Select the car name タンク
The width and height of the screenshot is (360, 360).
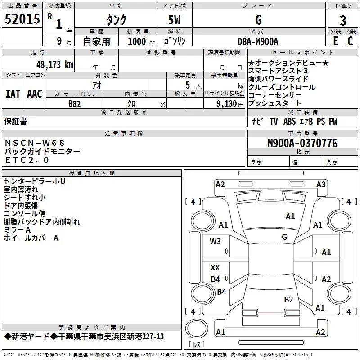pos(116,20)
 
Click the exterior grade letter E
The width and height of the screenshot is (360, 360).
pos(335,40)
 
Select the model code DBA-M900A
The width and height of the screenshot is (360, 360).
pos(258,41)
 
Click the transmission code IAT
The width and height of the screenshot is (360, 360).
pos(13,94)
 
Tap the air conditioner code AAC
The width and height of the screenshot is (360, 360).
pos(34,94)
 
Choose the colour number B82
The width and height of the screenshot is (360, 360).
pos(75,103)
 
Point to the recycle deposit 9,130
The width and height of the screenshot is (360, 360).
pos(227,104)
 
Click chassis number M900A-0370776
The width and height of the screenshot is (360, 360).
pos(302,143)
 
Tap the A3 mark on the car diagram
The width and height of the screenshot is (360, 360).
pos(321,184)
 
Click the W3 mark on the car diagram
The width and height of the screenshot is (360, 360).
pos(216,241)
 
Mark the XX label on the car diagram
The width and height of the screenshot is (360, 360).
pos(216,268)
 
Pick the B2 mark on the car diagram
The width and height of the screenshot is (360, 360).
pos(288,299)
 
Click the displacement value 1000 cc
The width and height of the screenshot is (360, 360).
pos(137,41)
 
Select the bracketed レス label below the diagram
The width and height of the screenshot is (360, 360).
pos(197,345)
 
